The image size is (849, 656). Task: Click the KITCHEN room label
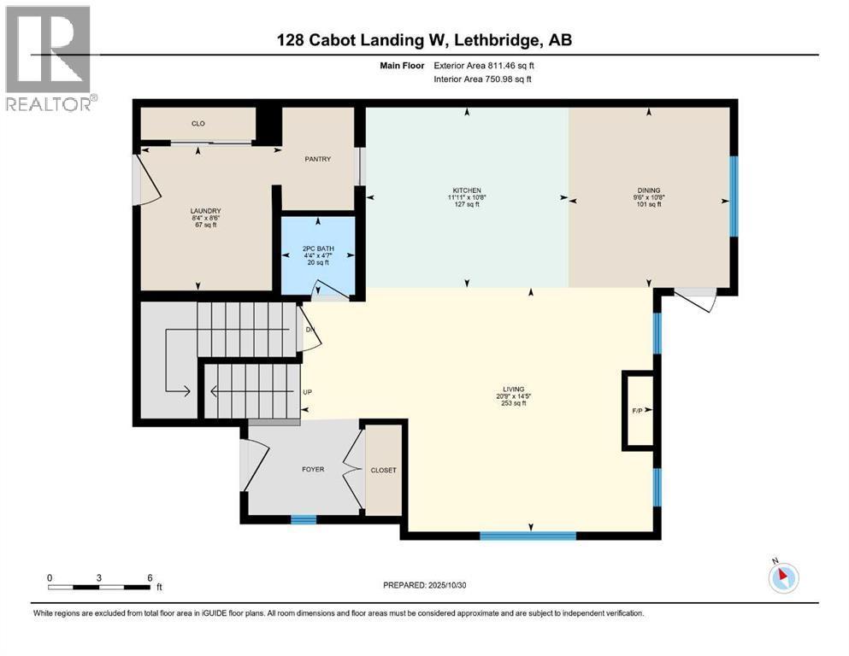[467, 190]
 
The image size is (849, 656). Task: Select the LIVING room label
[513, 389]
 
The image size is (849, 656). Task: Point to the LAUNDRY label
[205, 211]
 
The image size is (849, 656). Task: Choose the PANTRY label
[318, 159]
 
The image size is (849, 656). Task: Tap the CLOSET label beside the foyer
[383, 471]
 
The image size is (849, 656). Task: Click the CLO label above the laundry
[198, 124]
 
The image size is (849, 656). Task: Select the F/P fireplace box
[637, 411]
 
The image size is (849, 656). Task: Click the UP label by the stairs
[307, 392]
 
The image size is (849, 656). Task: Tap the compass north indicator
[783, 577]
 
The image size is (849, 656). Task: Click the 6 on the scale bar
[150, 577]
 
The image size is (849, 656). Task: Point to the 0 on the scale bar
[50, 577]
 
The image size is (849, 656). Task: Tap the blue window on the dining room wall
[733, 196]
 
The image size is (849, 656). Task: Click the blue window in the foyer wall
[303, 518]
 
